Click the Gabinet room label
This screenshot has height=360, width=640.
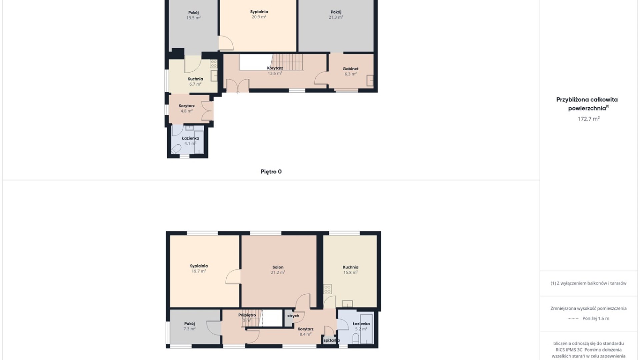point(350,69)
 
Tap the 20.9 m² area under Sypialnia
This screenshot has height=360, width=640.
point(259,17)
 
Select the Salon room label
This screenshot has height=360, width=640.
point(278,267)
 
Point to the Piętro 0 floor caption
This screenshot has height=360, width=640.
point(271,172)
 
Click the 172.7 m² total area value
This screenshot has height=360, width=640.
point(589,119)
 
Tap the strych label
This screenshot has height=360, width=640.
point(293,316)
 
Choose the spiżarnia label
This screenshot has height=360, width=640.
point(331,340)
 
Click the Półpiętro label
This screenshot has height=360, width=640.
point(247,315)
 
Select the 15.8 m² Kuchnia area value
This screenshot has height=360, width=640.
point(350,272)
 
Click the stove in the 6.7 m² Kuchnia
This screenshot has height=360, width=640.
point(214,64)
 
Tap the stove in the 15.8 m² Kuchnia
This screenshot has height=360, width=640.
point(328,289)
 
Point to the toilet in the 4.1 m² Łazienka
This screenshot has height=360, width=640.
point(176,149)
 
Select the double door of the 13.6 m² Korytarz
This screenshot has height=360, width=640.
point(238,86)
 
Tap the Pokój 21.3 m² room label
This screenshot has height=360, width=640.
point(336,15)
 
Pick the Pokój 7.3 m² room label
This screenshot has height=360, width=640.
point(189,326)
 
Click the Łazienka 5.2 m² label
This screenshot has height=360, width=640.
point(361,326)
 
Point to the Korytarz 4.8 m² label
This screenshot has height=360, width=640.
point(187,108)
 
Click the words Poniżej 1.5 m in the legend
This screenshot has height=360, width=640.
point(596,318)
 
